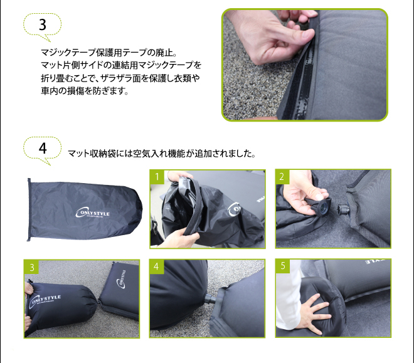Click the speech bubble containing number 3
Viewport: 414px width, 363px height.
click(x=42, y=25)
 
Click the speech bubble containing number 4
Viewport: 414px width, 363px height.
click(x=42, y=149)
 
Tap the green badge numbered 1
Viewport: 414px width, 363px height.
click(x=156, y=176)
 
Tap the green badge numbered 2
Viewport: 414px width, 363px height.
click(x=282, y=176)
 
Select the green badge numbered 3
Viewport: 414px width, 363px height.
click(x=31, y=266)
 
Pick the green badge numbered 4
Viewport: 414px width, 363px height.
click(x=156, y=266)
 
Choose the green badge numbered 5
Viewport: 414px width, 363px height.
click(x=282, y=266)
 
